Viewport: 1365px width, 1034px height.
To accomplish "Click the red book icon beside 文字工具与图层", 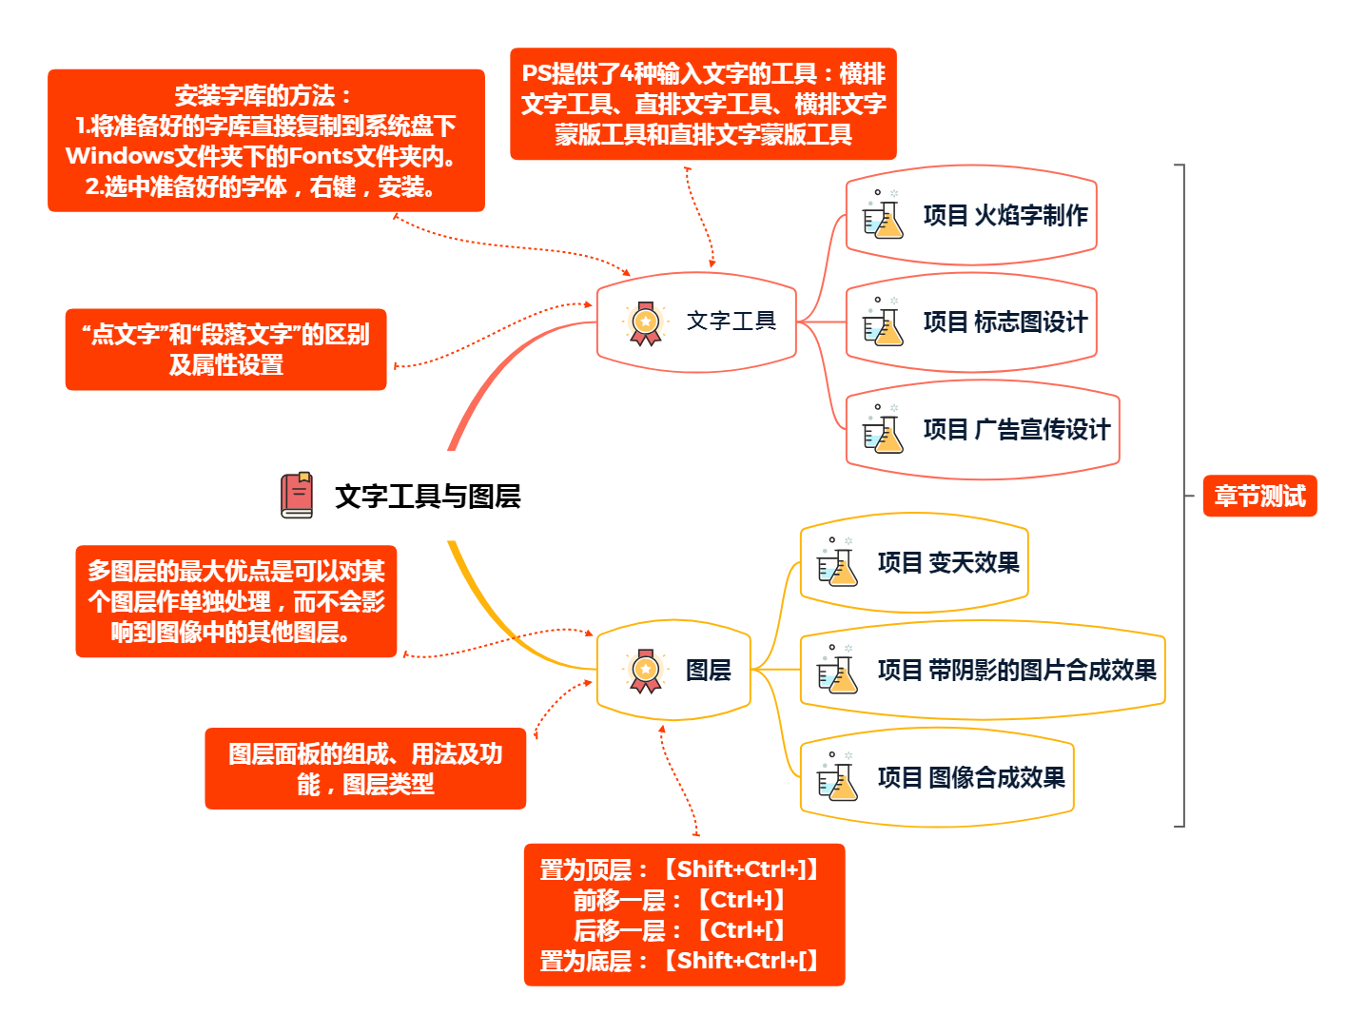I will tap(297, 496).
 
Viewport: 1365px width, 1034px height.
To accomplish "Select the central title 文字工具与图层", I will tap(427, 497).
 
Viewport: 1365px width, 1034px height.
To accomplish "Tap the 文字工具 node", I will tap(696, 322).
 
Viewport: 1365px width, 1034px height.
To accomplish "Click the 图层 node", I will tap(673, 671).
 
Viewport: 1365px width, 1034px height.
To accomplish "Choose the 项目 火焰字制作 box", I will tap(971, 215).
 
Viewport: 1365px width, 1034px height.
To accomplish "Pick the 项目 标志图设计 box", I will tap(971, 322).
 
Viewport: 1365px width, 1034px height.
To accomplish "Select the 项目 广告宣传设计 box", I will tap(983, 430).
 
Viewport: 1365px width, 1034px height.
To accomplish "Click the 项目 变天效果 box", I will tap(914, 563).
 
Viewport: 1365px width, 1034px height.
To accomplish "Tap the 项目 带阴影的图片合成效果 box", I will tap(983, 671).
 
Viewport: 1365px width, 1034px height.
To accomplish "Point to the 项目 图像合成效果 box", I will tap(937, 778).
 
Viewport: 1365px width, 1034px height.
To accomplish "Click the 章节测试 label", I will tap(1259, 497).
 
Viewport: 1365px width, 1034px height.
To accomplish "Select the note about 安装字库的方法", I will tap(265, 141).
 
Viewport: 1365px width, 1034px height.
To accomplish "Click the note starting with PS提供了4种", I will tap(703, 104).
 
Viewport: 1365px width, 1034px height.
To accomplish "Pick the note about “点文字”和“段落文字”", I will tap(225, 349).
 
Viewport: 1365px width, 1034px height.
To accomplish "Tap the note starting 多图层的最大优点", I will tap(236, 601).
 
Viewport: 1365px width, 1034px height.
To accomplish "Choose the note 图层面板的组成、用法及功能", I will tap(365, 769).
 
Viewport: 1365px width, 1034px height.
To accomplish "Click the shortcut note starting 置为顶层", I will tap(684, 914).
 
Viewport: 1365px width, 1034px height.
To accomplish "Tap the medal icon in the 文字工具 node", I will tap(645, 323).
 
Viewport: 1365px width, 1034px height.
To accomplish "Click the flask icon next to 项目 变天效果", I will tap(837, 563).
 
